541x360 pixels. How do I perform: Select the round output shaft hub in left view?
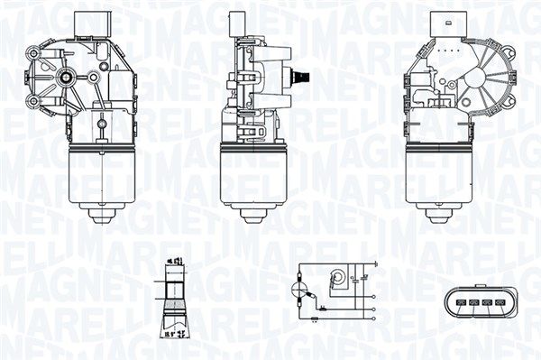coord(66,78)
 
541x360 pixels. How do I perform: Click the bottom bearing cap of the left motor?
coord(99,216)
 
